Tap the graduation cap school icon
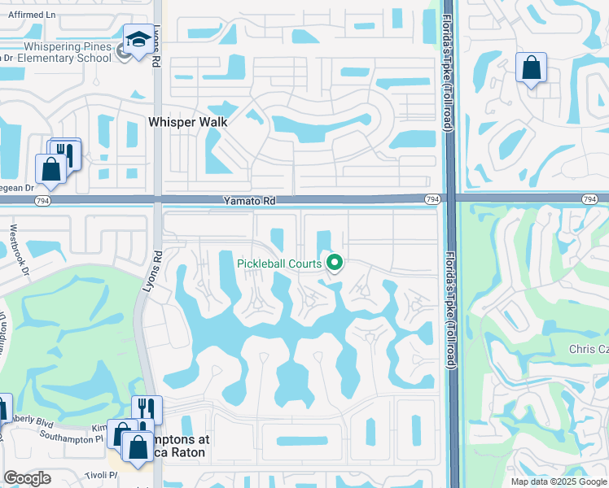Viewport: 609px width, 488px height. tap(138, 40)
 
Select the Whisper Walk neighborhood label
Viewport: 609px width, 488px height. tap(187, 121)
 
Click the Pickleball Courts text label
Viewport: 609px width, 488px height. tap(279, 263)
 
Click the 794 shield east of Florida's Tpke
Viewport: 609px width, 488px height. tap(591, 199)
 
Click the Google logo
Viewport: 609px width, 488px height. tap(27, 477)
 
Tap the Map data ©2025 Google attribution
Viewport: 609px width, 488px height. tap(559, 481)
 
